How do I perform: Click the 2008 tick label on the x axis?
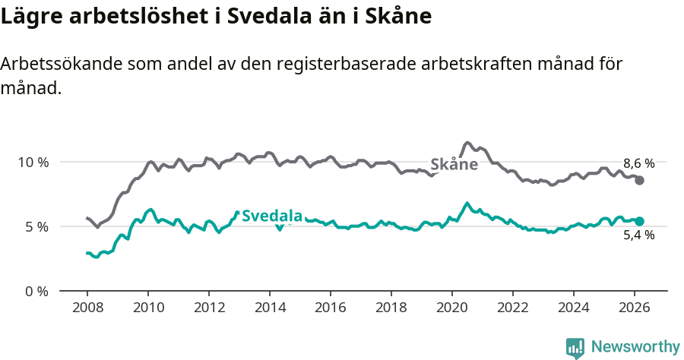coord(87,308)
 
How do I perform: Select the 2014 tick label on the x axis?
coord(269,308)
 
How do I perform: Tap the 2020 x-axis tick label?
coord(452,308)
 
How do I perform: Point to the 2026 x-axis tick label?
coord(635,308)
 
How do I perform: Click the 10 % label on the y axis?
coord(33,162)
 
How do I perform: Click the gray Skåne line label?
coord(454,165)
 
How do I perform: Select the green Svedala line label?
coord(272,216)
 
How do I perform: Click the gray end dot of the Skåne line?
coord(640,180)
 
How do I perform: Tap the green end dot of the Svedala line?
coord(640,221)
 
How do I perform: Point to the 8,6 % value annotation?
coord(638,163)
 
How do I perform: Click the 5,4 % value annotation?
coord(638,235)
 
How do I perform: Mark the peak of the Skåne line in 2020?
coord(467,143)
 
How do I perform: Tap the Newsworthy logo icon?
coord(575,347)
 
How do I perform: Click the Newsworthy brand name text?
coord(635,347)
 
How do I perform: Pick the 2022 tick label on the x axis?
coord(513,308)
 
